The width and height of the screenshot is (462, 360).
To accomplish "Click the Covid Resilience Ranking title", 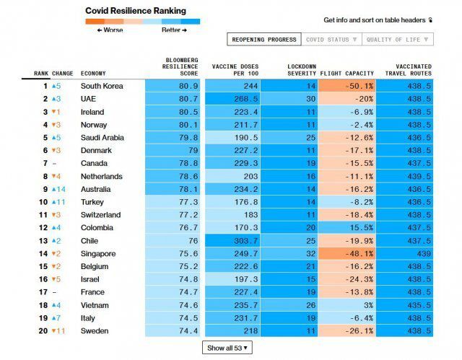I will pyautogui.click(x=135, y=11).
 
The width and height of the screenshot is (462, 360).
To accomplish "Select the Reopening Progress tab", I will pyautogui.click(x=261, y=40).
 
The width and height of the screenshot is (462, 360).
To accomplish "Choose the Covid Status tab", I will pyautogui.click(x=331, y=40).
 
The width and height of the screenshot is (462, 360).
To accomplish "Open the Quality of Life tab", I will pyautogui.click(x=398, y=40).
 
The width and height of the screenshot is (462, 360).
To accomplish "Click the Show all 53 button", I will pyautogui.click(x=227, y=348).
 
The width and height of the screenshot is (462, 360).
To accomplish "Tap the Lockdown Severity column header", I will pyautogui.click(x=302, y=69).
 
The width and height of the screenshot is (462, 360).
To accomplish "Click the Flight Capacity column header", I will pyautogui.click(x=346, y=73).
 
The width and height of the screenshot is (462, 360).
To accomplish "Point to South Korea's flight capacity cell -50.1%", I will pyautogui.click(x=346, y=86).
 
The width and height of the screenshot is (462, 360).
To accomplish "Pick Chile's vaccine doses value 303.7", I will pyautogui.click(x=232, y=241).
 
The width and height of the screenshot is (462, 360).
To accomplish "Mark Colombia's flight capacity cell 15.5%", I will pyautogui.click(x=346, y=228).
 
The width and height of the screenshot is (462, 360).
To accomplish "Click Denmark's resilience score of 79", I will pyautogui.click(x=175, y=151).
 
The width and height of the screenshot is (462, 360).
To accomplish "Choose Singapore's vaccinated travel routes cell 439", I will pyautogui.click(x=404, y=254).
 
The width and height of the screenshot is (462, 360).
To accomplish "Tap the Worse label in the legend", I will pyautogui.click(x=110, y=30).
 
